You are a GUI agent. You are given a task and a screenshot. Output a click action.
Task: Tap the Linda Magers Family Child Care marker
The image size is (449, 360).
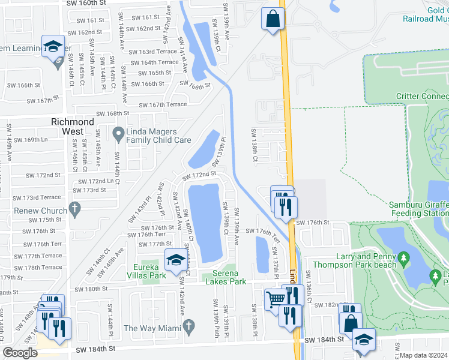pyautogui.click(x=118, y=131)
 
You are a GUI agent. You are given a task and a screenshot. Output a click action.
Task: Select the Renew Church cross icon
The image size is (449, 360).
pyautogui.click(x=74, y=210)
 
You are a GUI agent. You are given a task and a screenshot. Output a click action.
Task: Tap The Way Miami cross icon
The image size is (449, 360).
pyautogui.click(x=189, y=328)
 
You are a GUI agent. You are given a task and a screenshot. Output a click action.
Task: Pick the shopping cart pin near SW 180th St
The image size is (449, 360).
pyautogui.click(x=276, y=299)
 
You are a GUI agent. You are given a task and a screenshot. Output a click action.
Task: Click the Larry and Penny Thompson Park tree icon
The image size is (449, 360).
pyautogui.click(x=404, y=258)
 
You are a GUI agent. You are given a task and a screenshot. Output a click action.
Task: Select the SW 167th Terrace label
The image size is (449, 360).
pyautogui.click(x=163, y=104)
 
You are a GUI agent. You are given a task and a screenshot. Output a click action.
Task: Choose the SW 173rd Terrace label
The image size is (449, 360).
pyautogui.click(x=37, y=197)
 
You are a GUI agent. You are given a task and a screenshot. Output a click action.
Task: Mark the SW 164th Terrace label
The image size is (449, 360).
pyautogui.click(x=152, y=62)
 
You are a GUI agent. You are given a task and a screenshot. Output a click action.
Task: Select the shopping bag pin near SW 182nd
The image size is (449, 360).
pyautogui.click(x=351, y=322)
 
